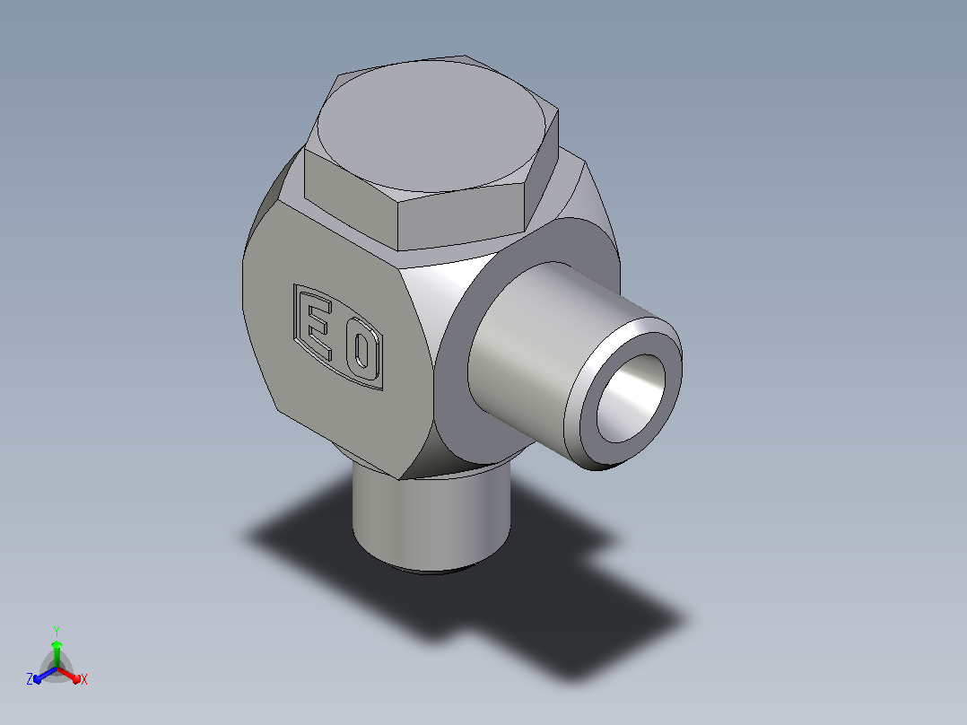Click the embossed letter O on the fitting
coord(361,353)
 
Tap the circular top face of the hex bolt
coord(431,127)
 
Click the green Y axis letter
coord(57,631)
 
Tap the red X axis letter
coord(84,679)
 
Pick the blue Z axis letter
coord(30,678)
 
